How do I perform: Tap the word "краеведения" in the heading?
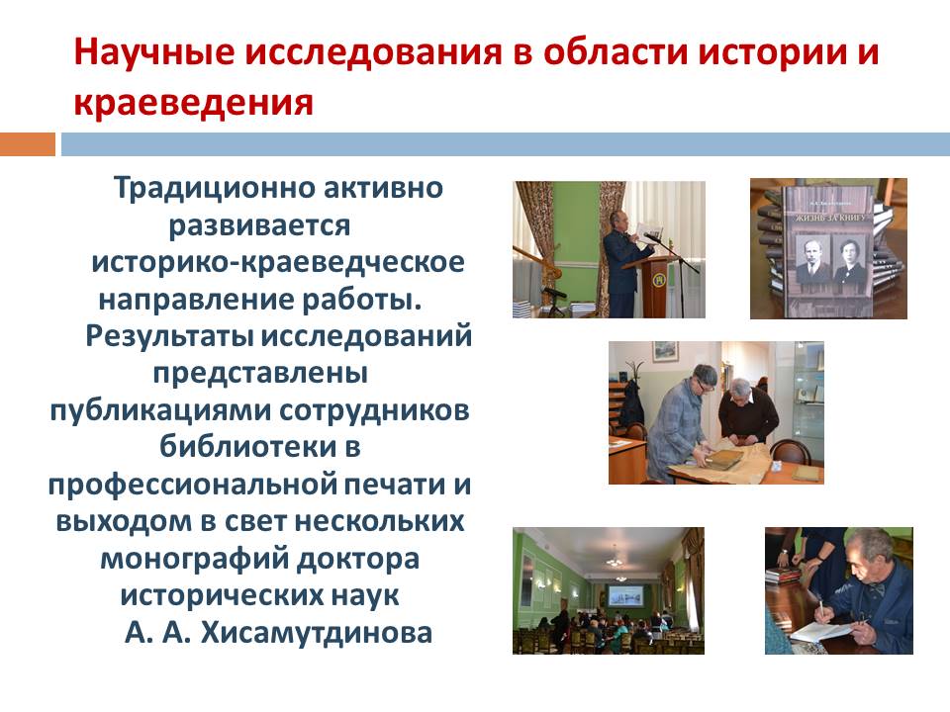pyautogui.click(x=193, y=102)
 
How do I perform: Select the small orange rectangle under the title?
pyautogui.click(x=28, y=144)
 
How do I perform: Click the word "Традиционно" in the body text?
pyautogui.click(x=214, y=188)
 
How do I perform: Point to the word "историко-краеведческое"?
pyautogui.click(x=278, y=263)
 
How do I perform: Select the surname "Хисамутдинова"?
pyautogui.click(x=317, y=633)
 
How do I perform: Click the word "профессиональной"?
pyautogui.click(x=193, y=485)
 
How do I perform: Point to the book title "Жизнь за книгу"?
pyautogui.click(x=827, y=217)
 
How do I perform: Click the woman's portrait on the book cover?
pyautogui.click(x=849, y=259)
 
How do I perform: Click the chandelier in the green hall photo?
pyautogui.click(x=615, y=557)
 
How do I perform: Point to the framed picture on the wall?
pyautogui.click(x=665, y=351)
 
